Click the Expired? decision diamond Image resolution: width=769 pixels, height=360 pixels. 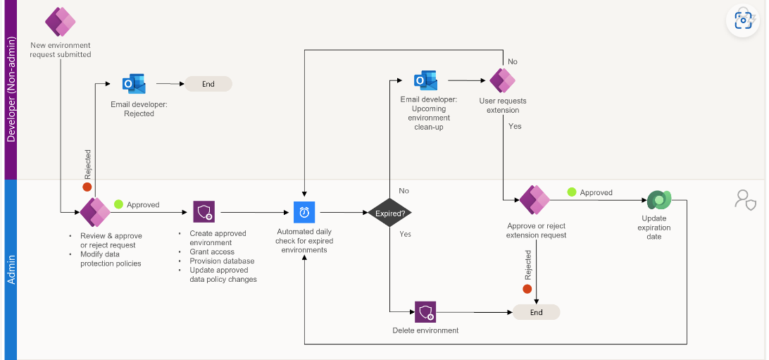click(x=389, y=212)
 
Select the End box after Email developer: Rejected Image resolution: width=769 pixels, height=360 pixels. click(x=208, y=84)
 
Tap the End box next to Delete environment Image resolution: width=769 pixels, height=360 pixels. click(x=536, y=312)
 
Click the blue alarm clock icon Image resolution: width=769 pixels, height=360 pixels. click(x=304, y=212)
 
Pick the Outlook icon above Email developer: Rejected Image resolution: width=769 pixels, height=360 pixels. click(x=133, y=84)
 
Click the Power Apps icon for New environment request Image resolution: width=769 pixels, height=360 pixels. click(x=61, y=22)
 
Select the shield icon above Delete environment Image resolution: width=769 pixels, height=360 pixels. click(x=425, y=311)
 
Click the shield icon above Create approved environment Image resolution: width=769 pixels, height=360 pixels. click(x=204, y=211)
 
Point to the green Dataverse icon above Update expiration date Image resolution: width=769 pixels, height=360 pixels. click(x=659, y=201)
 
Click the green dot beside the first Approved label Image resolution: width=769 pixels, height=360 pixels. click(x=118, y=204)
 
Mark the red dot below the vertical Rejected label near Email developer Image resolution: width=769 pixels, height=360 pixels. click(x=87, y=187)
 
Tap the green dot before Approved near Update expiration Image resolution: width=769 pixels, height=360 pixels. click(x=572, y=192)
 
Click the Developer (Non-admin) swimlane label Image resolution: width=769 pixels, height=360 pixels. click(x=11, y=89)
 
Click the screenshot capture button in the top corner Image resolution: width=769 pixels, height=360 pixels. click(x=744, y=20)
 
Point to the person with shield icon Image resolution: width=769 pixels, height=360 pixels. click(x=745, y=200)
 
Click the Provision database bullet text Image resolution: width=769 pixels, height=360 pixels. click(x=222, y=261)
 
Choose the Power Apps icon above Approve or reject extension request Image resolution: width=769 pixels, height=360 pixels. click(x=534, y=200)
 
